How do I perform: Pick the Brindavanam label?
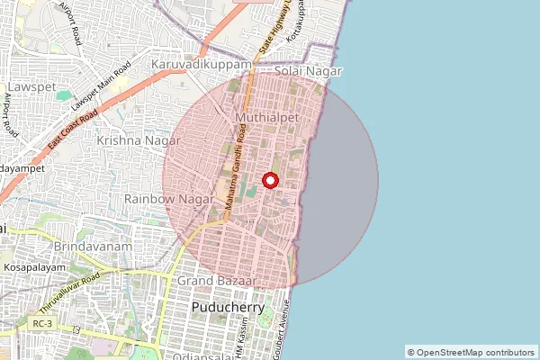[x=93, y=247]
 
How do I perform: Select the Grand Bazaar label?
[x=217, y=282]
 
